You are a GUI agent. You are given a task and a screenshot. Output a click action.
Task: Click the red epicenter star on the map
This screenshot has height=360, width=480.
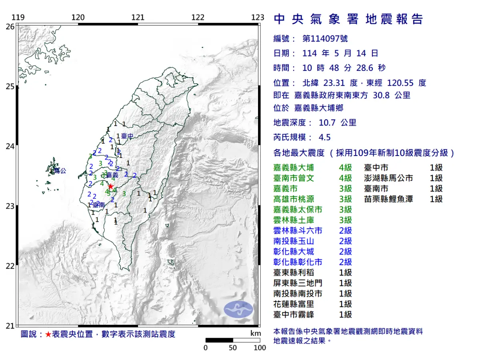(x=110, y=186)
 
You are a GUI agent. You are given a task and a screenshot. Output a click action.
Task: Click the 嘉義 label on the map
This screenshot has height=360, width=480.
(x=112, y=175)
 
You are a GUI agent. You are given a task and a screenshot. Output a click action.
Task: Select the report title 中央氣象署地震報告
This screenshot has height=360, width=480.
(x=348, y=19)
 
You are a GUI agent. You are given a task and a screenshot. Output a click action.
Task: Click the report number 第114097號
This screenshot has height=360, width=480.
(x=325, y=39)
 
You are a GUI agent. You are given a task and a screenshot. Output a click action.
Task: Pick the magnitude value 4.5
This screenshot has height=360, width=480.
(x=324, y=137)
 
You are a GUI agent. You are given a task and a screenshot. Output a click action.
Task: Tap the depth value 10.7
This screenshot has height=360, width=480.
(x=328, y=123)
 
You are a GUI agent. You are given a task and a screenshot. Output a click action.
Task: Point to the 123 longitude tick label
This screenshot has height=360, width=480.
(x=258, y=17)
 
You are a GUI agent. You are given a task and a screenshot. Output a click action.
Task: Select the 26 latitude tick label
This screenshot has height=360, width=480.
(x=10, y=26)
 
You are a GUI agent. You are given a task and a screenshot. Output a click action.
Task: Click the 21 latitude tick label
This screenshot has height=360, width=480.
(x=10, y=326)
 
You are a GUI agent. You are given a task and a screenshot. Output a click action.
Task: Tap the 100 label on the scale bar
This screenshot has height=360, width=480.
(x=260, y=348)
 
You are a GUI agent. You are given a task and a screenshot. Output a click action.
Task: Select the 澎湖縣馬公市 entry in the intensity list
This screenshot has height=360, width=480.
(x=388, y=178)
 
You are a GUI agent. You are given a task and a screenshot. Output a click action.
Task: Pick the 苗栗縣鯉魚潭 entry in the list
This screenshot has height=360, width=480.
(x=388, y=199)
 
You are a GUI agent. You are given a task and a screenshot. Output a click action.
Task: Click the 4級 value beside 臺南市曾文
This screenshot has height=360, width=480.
(x=345, y=178)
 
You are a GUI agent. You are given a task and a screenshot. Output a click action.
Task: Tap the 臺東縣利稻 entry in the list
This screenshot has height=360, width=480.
(x=294, y=273)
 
